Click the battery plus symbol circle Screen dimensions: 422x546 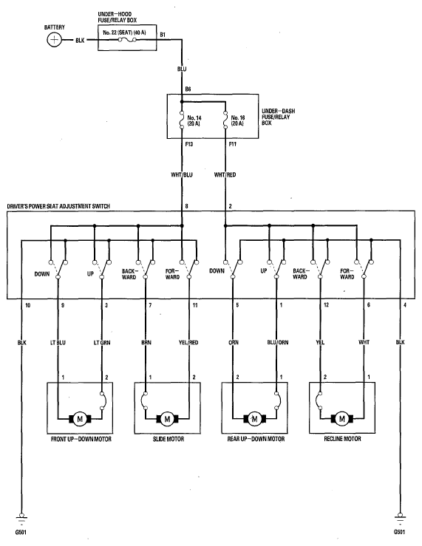coord(54,40)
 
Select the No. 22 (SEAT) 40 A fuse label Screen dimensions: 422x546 coord(124,33)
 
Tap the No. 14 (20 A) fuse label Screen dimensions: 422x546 coord(194,120)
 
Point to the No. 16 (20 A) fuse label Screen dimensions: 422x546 coord(238,120)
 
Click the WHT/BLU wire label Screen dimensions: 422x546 coord(181,174)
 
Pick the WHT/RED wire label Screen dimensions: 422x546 coord(225,174)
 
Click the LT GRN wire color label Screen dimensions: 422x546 coord(102,343)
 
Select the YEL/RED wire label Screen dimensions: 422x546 coord(188,343)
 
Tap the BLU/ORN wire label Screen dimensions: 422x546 coord(278,342)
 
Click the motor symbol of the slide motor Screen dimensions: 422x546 coord(167,419)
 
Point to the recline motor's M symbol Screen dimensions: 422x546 coord(342,419)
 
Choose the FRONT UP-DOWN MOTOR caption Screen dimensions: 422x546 coord(81,439)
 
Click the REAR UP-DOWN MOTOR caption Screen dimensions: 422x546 coord(256,439)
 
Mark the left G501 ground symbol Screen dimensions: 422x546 coord(21,519)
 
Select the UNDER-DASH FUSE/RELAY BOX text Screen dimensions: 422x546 coord(278,117)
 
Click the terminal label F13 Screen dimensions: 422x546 coord(188,144)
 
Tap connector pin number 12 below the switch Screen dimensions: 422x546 coord(326,305)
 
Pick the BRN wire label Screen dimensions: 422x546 coord(146,343)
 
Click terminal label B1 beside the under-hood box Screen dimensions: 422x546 coord(163,35)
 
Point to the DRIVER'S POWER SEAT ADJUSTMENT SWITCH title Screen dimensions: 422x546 coord(58,206)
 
